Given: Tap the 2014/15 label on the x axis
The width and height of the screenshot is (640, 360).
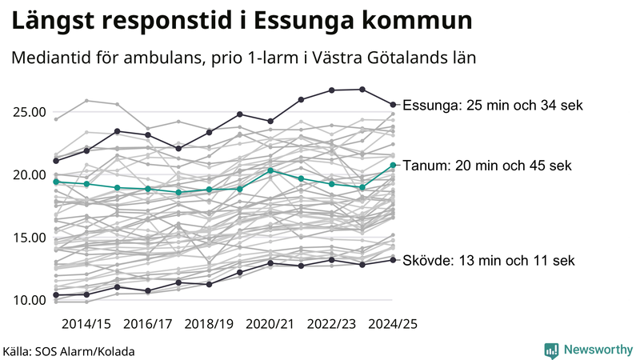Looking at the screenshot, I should click(86, 324).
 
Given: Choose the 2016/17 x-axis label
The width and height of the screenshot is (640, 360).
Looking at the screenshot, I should click(148, 324).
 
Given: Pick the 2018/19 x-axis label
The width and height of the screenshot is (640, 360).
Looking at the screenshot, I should click(210, 324).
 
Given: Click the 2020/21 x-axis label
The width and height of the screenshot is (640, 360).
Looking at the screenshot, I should click(270, 324).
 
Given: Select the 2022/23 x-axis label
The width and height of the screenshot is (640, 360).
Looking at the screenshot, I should click(332, 324).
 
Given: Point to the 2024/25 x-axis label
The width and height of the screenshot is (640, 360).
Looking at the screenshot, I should click(393, 324).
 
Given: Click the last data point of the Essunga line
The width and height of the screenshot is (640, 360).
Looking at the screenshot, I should click(393, 104).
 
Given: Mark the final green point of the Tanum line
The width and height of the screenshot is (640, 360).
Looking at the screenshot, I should click(393, 165).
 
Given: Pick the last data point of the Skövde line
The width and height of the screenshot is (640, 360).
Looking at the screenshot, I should click(393, 259).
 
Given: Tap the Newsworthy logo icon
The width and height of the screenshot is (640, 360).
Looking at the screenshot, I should click(551, 350).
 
